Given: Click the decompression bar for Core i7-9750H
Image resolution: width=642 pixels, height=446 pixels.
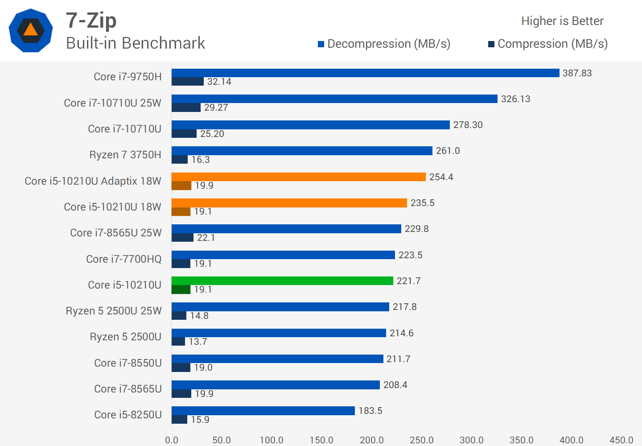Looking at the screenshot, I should [x=365, y=73].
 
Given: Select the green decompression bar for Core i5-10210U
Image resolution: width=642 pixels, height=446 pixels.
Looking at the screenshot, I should [x=282, y=281].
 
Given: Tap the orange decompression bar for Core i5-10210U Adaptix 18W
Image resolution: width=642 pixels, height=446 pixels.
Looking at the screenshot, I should [x=299, y=177].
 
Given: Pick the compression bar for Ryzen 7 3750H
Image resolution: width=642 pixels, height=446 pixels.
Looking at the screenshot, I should [x=180, y=160].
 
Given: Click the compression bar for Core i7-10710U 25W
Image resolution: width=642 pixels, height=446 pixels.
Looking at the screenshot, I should [x=186, y=107].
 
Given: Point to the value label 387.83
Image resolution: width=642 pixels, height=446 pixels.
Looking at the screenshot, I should [x=577, y=73].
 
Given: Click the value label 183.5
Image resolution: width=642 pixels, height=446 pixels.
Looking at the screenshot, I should [x=370, y=411].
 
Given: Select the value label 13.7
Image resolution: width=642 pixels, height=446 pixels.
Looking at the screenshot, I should [x=198, y=342].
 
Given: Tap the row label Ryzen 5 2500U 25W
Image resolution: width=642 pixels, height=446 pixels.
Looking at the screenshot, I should [x=114, y=311].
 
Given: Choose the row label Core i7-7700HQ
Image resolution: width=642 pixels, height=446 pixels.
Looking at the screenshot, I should [x=124, y=259].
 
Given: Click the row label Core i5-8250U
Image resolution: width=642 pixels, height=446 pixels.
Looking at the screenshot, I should [x=128, y=415].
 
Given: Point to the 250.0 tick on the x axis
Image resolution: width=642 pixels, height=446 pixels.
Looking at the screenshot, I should [x=422, y=440].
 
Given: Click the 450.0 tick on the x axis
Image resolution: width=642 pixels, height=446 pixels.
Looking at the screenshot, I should [x=621, y=440].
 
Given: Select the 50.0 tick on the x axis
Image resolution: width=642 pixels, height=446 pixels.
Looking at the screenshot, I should [x=222, y=440].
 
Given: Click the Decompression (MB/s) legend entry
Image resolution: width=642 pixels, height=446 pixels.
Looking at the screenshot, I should [x=384, y=44].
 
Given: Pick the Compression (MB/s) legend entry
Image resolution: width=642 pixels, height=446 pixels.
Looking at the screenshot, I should [x=548, y=44].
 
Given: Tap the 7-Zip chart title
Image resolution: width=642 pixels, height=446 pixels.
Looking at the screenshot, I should [x=91, y=21].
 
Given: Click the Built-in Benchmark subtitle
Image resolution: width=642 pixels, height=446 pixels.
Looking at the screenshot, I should [x=136, y=43].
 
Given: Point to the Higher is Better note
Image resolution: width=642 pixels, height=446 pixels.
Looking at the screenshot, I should [x=562, y=21].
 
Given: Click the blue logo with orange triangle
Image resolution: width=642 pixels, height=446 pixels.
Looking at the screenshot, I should [x=31, y=30].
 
